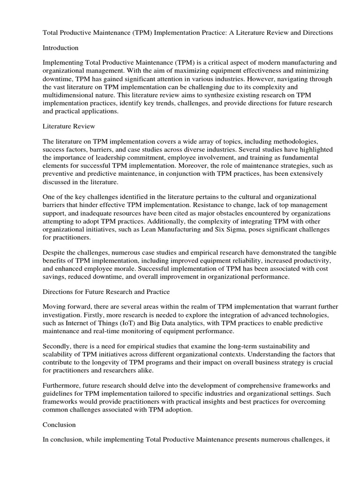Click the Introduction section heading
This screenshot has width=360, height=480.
pos(60,48)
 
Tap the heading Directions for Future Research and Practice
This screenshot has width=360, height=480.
pos(106,292)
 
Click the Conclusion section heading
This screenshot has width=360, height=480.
pos(59,425)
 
